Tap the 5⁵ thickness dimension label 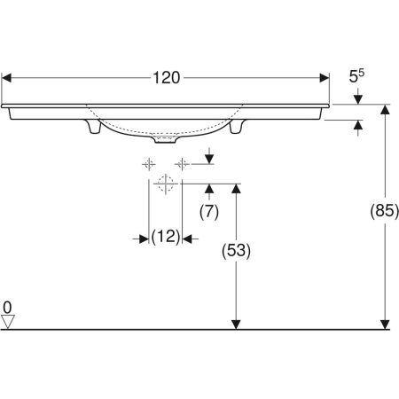(356, 78)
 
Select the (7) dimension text (208, 211)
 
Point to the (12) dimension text (165, 237)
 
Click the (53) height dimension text (237, 251)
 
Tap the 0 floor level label (7, 308)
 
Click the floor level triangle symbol (8, 322)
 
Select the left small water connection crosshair (149, 164)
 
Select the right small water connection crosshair (181, 164)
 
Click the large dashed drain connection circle (164, 184)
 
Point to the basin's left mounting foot (91, 129)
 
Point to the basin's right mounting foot (237, 129)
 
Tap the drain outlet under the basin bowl (164, 139)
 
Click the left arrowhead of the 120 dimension (5, 78)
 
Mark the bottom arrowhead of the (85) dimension (386, 324)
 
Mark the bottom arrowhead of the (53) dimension (237, 324)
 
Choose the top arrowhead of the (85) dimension (386, 109)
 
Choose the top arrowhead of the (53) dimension (237, 189)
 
